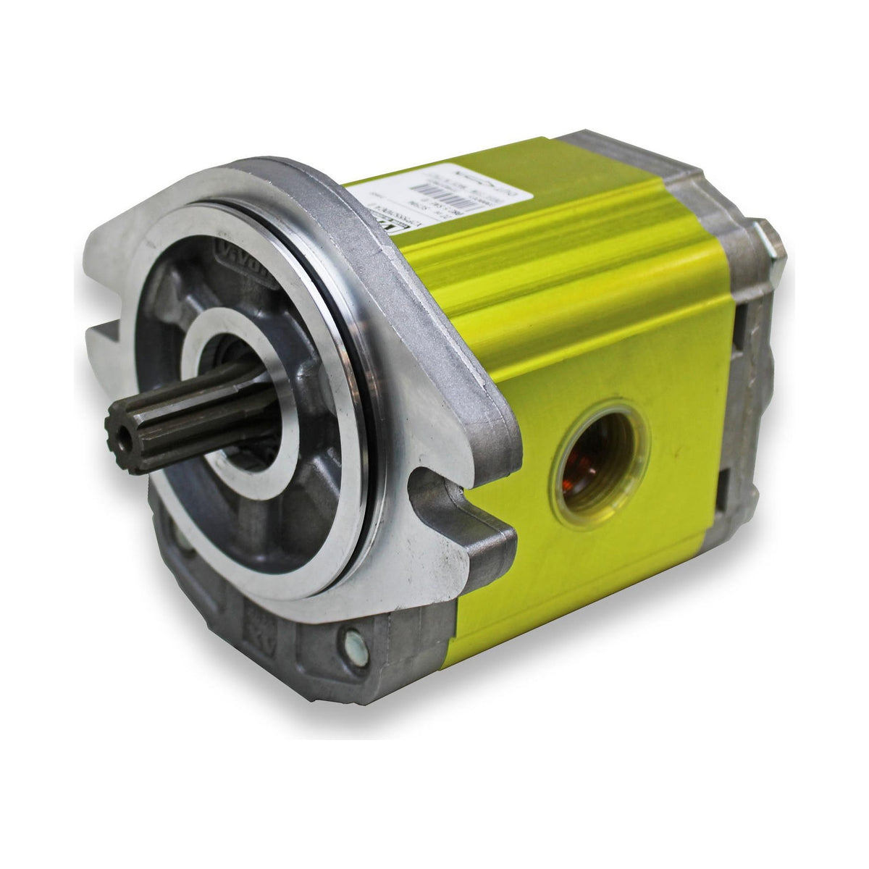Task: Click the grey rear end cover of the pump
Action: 746,406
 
